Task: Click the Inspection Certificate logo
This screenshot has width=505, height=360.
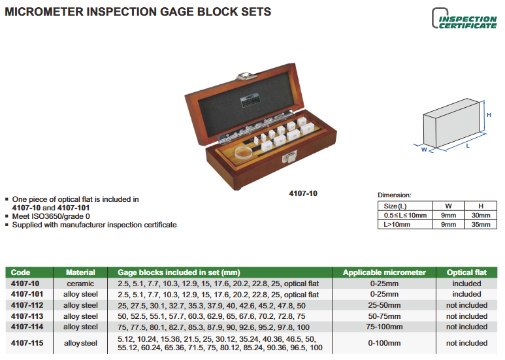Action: [x=464, y=19]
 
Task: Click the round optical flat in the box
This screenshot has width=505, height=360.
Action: [x=244, y=152]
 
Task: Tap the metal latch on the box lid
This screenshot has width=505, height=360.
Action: [x=246, y=76]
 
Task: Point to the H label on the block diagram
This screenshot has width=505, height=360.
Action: [x=489, y=115]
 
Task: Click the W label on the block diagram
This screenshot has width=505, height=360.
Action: [x=424, y=150]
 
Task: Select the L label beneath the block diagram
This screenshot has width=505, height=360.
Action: [x=468, y=146]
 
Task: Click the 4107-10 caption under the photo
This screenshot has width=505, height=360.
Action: [x=303, y=193]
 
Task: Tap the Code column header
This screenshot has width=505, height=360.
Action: [x=20, y=272]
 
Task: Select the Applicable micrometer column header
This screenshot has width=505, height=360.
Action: [x=384, y=272]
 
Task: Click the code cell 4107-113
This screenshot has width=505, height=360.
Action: [x=27, y=316]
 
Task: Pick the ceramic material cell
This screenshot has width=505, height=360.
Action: [x=80, y=284]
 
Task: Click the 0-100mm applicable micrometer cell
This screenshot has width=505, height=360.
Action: [x=384, y=343]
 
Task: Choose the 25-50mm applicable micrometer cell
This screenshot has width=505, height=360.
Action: [x=384, y=305]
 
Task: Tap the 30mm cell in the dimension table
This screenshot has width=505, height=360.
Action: [x=481, y=216]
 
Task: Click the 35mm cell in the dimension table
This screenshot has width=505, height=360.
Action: [x=481, y=225]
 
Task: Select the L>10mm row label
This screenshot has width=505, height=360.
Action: [x=397, y=225]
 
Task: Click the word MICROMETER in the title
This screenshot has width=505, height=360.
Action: [x=44, y=12]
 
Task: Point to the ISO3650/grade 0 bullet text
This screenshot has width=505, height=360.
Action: [x=51, y=216]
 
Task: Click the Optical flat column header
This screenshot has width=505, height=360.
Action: [x=466, y=272]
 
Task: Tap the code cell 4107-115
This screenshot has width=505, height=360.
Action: [x=27, y=343]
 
